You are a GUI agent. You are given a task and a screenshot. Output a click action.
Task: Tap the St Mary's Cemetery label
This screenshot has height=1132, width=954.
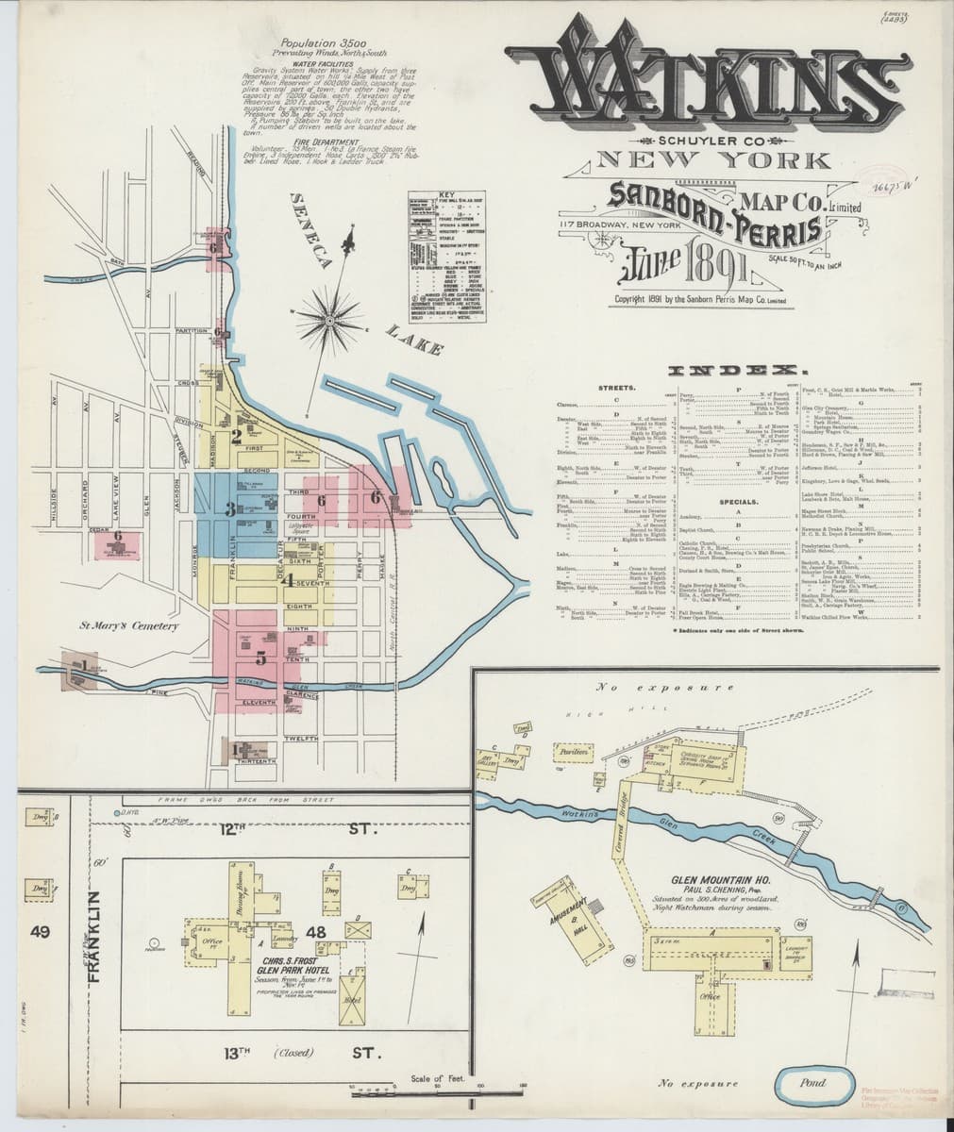[115, 625]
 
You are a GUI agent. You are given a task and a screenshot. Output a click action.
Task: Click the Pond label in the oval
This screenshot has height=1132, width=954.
[812, 1082]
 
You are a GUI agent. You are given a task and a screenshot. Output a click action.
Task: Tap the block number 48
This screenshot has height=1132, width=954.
[316, 932]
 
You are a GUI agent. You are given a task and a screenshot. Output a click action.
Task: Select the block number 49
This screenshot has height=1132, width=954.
[40, 933]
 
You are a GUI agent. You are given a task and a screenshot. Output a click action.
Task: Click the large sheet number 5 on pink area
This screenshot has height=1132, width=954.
[259, 659]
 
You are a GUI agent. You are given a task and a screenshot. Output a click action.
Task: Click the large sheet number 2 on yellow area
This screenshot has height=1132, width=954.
[235, 435]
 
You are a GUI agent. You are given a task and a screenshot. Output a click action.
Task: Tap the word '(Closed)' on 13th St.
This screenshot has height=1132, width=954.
[294, 1052]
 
